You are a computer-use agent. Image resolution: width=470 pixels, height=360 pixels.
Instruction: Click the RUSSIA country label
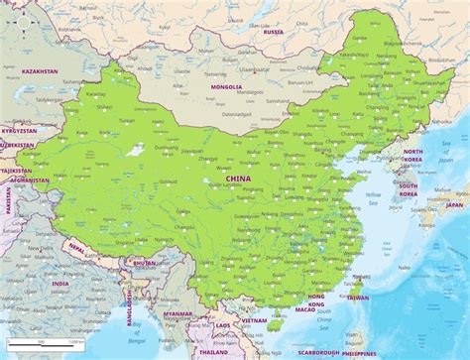[x=274, y=32]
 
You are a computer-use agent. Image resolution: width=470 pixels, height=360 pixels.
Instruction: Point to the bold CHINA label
[x=238, y=179]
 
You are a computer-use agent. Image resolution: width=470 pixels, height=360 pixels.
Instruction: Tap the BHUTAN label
[x=144, y=263]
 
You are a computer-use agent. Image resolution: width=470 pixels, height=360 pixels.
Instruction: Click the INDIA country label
[x=59, y=283]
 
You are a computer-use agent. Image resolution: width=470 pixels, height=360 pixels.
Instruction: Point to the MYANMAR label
[x=178, y=313]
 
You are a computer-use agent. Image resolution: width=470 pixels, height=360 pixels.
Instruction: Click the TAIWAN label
[x=357, y=298]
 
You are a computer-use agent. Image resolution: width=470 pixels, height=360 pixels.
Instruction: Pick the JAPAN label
[x=453, y=205]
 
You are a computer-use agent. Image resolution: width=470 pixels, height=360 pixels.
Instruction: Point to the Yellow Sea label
[x=372, y=196]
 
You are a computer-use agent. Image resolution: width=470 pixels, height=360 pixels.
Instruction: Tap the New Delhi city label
[x=40, y=248]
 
